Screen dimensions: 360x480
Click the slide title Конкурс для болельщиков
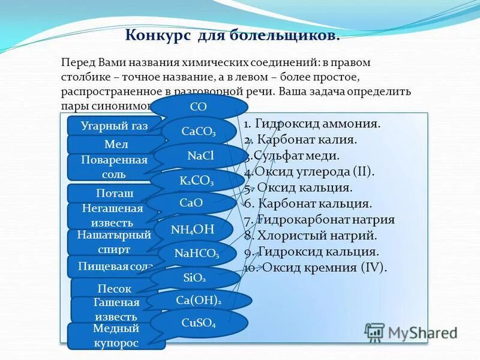tap(233, 35)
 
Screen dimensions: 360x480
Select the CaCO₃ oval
tap(199, 132)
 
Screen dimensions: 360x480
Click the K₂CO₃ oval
tap(196, 180)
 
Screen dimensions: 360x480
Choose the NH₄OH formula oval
tap(192, 228)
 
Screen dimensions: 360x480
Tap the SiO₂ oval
tap(194, 278)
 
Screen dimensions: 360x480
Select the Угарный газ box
tap(114, 126)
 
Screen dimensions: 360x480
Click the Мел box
tap(115, 145)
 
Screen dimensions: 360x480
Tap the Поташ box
tap(114, 193)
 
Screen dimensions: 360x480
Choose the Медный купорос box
tap(116, 336)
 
